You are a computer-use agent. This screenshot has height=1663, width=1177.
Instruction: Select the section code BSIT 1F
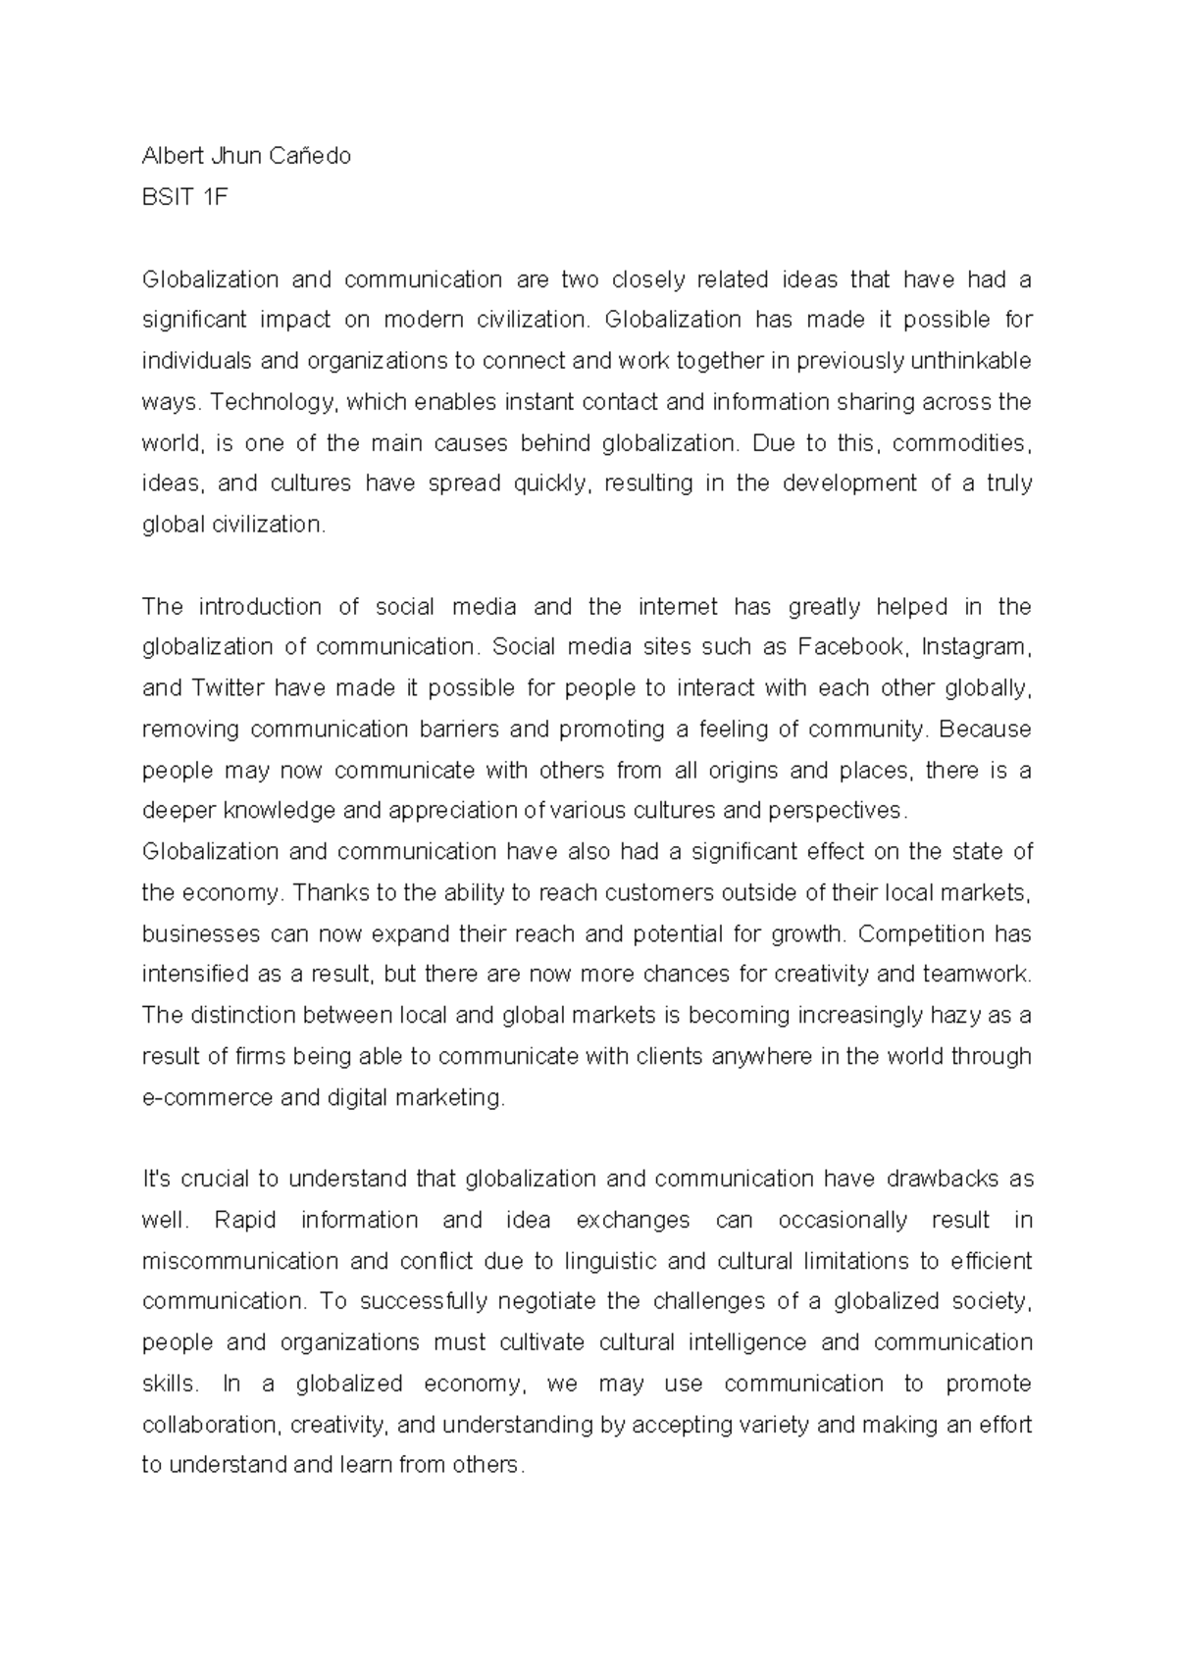click(x=184, y=197)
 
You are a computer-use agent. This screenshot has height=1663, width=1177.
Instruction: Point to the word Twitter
click(x=229, y=688)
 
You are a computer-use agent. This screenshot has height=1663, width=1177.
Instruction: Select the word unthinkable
click(x=971, y=361)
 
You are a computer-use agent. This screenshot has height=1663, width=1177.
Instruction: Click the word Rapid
click(x=245, y=1221)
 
